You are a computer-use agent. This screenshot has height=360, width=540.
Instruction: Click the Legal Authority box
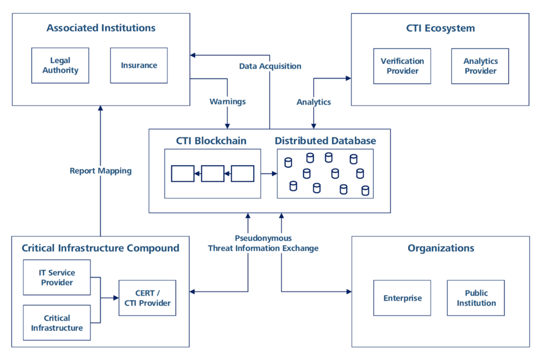60,65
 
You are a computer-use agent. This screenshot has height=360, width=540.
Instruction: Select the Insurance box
139,65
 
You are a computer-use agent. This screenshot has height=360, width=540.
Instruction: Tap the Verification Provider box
402,66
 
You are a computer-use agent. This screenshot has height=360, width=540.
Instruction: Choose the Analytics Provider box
480,66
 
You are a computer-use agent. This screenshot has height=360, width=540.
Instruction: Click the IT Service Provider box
57,278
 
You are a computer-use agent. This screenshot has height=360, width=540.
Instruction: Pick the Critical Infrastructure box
57,323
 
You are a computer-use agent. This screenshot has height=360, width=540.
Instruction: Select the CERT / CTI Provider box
147,298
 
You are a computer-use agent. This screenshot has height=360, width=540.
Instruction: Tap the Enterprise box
402,298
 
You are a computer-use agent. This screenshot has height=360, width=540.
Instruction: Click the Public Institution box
476,298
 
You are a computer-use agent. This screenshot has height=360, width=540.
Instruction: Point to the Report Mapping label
100,171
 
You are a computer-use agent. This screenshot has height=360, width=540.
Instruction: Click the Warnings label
227,101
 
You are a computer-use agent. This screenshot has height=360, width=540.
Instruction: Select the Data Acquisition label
270,66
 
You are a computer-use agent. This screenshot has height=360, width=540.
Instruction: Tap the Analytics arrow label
314,102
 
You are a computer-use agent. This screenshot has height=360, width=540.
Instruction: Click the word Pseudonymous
263,238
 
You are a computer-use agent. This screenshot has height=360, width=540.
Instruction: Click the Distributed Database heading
325,141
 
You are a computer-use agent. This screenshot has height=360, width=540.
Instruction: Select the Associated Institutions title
101,28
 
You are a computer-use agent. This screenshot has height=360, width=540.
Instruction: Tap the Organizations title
440,248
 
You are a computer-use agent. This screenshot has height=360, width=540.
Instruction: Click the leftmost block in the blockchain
182,173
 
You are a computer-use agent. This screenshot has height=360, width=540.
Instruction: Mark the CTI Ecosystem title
440,28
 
